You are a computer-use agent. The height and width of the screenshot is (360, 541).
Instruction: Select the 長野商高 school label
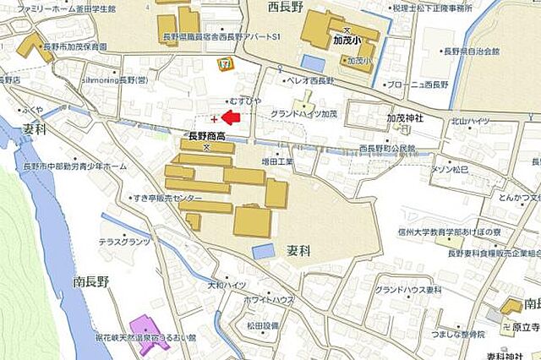tap(205, 134)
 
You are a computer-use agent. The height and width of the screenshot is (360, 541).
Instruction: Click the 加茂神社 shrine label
tap(403, 118)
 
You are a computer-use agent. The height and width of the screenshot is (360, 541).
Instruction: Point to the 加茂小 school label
tap(347, 40)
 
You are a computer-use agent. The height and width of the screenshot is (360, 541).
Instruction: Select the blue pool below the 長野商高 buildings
tap(264, 251)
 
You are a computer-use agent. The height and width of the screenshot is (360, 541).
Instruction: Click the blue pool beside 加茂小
tap(313, 63)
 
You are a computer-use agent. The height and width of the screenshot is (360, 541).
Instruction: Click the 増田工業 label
tap(277, 160)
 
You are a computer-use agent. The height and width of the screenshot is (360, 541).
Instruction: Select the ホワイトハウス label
tap(270, 300)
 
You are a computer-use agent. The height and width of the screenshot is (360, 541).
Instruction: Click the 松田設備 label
tap(262, 325)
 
